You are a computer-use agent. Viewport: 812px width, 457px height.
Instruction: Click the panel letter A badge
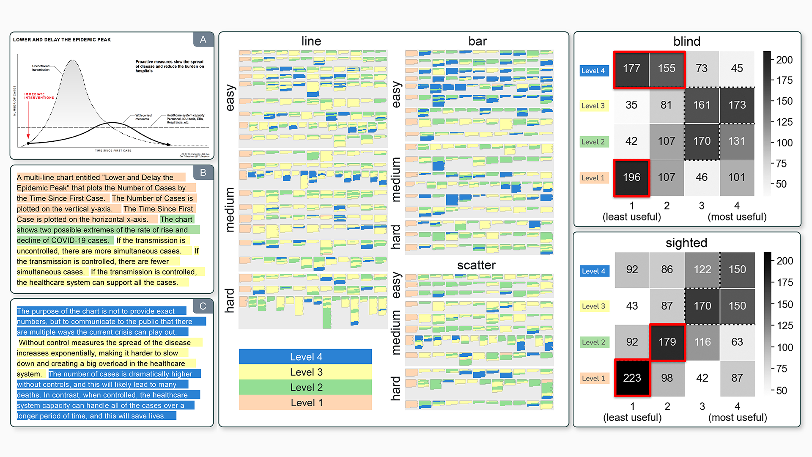[203, 40]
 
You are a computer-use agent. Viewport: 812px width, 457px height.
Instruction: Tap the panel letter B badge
[203, 173]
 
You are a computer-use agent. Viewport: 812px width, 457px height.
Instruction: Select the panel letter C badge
[203, 306]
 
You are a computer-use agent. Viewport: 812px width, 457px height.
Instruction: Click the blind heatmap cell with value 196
[631, 177]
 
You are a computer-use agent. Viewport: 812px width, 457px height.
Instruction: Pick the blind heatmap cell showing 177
[631, 69]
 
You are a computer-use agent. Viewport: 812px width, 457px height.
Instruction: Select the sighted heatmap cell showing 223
[632, 378]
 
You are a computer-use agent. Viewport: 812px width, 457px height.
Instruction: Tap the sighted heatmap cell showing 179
[667, 342]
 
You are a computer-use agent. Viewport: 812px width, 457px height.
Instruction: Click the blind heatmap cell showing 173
[737, 105]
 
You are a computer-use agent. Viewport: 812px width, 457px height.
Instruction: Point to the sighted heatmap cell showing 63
[737, 342]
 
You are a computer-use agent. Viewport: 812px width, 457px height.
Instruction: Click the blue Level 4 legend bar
[305, 357]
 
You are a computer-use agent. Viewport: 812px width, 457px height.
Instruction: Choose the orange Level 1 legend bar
[305, 403]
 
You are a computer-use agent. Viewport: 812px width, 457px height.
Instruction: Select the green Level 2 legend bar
[305, 387]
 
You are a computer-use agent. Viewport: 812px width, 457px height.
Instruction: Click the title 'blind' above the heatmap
[686, 41]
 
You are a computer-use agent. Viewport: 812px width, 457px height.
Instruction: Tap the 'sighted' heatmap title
[686, 243]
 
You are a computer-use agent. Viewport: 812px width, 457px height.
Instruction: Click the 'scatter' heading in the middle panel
[476, 265]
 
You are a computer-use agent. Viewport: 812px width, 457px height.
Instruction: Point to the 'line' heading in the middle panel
[311, 41]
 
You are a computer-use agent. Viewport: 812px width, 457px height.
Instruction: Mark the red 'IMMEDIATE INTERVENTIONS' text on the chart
[39, 96]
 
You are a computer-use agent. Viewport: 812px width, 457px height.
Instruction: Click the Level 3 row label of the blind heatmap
[593, 106]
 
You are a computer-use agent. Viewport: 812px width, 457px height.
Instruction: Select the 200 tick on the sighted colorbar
[785, 261]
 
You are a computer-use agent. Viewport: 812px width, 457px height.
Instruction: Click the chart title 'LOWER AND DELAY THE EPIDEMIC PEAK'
[62, 40]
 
